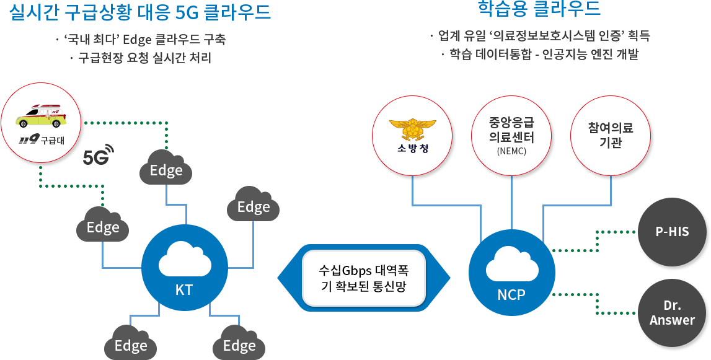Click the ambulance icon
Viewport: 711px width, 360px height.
click(42, 116)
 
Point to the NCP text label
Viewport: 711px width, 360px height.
click(511, 294)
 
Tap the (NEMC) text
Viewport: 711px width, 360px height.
click(512, 151)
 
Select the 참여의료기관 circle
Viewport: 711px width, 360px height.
click(611, 136)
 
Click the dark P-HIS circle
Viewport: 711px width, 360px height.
click(672, 232)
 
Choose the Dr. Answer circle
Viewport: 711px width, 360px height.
click(672, 314)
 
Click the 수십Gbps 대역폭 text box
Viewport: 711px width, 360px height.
click(364, 278)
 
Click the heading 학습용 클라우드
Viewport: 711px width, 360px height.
click(539, 9)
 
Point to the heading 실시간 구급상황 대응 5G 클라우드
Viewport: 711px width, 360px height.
click(140, 12)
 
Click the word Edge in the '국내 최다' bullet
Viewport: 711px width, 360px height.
click(134, 40)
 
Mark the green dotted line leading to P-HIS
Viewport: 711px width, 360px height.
click(597, 241)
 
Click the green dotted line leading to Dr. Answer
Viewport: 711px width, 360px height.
click(597, 304)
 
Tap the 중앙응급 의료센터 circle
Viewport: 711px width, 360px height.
click(511, 136)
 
